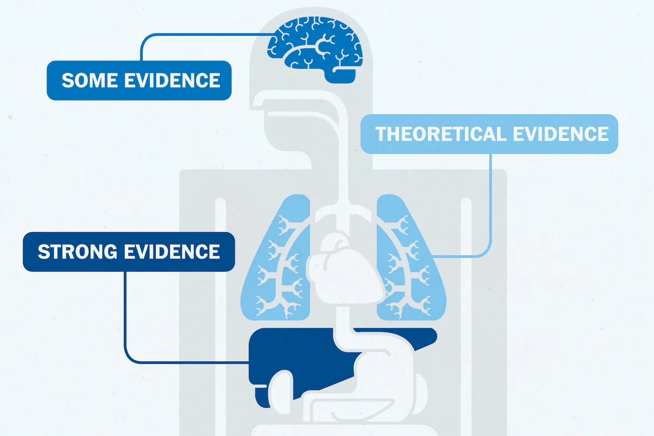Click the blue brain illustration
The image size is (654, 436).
point(313,45)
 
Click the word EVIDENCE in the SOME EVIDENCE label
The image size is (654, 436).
point(172,80)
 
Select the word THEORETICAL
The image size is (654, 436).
point(440,134)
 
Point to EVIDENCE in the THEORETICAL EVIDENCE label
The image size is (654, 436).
point(561,134)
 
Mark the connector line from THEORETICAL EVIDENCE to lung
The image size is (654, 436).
point(491,204)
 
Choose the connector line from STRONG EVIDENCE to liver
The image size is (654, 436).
point(125,318)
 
